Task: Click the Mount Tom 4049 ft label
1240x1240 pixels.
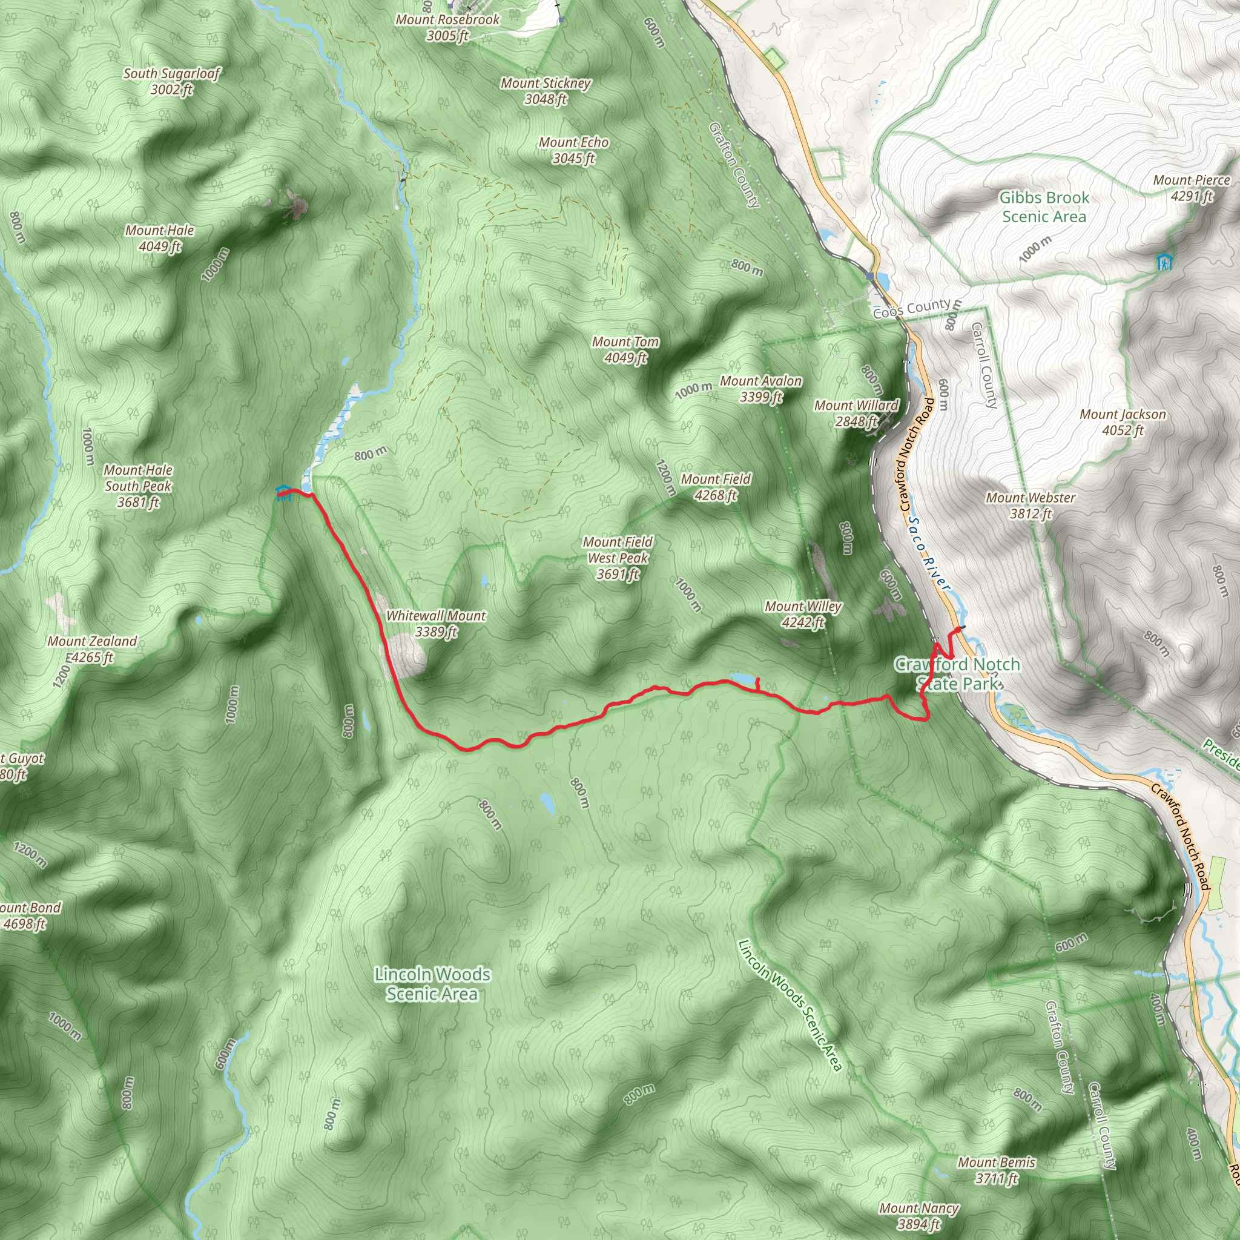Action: (625, 350)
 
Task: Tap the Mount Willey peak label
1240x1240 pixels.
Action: (803, 614)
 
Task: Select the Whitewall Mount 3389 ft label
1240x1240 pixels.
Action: (436, 623)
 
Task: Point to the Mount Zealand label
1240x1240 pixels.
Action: (92, 649)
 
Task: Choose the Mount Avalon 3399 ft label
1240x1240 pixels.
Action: (760, 389)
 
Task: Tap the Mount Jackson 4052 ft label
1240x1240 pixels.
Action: (1123, 423)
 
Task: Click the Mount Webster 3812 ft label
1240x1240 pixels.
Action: (1030, 506)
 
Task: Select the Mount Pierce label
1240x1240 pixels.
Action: (1191, 188)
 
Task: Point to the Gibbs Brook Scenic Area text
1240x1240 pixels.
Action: (1044, 207)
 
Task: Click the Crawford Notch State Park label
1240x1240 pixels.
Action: (957, 674)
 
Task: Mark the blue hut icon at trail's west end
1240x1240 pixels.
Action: (283, 492)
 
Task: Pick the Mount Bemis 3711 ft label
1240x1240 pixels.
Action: (996, 1170)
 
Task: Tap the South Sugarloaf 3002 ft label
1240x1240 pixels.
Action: (171, 82)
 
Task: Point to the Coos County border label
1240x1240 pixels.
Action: (911, 309)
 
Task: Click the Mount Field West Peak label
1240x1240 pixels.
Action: (618, 558)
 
